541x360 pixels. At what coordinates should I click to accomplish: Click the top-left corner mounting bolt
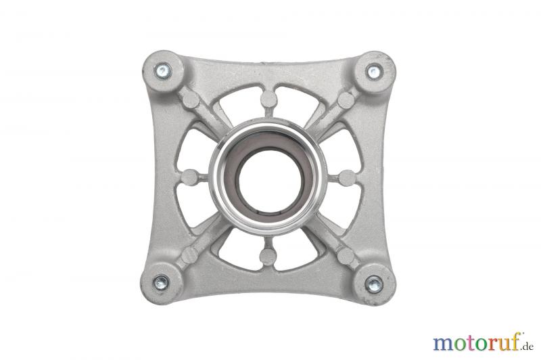(x=163, y=71)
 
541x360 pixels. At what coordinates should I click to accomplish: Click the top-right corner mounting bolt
(x=373, y=72)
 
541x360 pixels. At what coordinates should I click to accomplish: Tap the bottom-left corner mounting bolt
(x=161, y=283)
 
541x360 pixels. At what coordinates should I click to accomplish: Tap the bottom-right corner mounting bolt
(x=375, y=284)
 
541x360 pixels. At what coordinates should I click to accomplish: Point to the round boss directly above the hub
(x=268, y=99)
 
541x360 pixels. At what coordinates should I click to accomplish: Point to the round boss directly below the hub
(x=268, y=256)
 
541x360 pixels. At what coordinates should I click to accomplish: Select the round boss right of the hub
(x=347, y=178)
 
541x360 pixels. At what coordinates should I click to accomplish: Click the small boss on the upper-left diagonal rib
(x=191, y=99)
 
